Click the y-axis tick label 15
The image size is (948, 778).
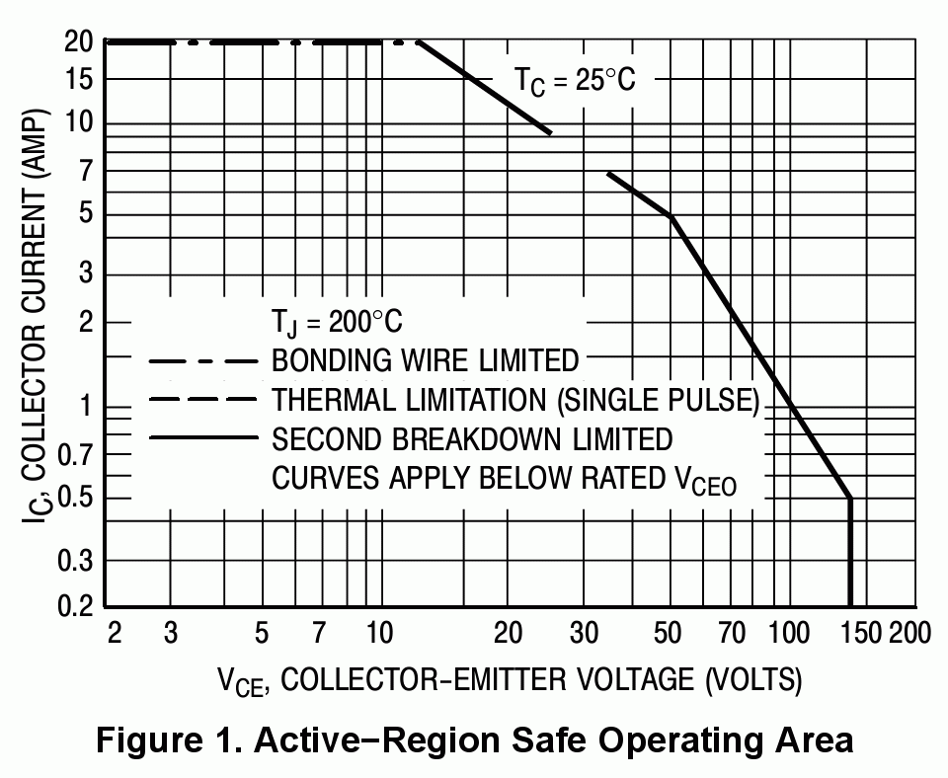coord(79,80)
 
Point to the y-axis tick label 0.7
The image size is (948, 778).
coord(73,454)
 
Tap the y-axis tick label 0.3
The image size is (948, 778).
coord(73,562)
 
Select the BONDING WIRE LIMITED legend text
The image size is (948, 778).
coord(425,359)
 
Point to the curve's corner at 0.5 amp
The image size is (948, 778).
coord(849,499)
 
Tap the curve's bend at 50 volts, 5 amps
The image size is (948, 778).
coord(671,216)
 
